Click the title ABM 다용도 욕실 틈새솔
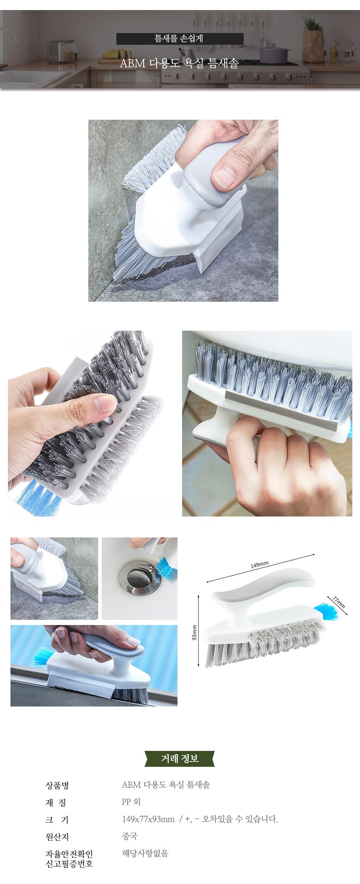coord(179,63)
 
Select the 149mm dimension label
coord(260,565)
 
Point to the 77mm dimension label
coord(339,602)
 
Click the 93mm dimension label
coord(194,632)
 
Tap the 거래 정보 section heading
coord(180,758)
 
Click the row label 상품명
coord(57,785)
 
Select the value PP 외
coord(131,802)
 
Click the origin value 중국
coord(130,836)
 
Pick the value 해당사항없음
coord(145,853)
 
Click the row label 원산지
coord(57,837)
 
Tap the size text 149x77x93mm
coord(148,819)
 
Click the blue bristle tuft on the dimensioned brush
coord(326,612)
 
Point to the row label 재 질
coord(56,802)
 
